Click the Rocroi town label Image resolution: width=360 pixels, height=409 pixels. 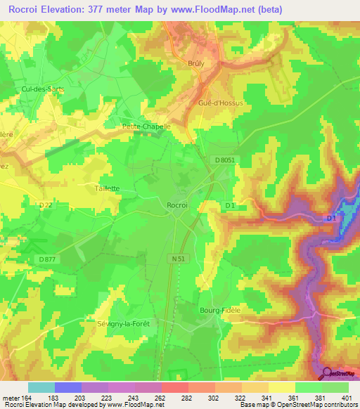coord(177,204)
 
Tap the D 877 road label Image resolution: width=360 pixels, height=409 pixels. coord(48,259)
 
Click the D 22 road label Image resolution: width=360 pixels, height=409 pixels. coord(46,204)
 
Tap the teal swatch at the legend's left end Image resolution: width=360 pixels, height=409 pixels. coord(41,387)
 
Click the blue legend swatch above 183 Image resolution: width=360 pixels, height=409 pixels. coord(68,387)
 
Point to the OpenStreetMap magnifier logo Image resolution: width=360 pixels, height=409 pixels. coord(328,373)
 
